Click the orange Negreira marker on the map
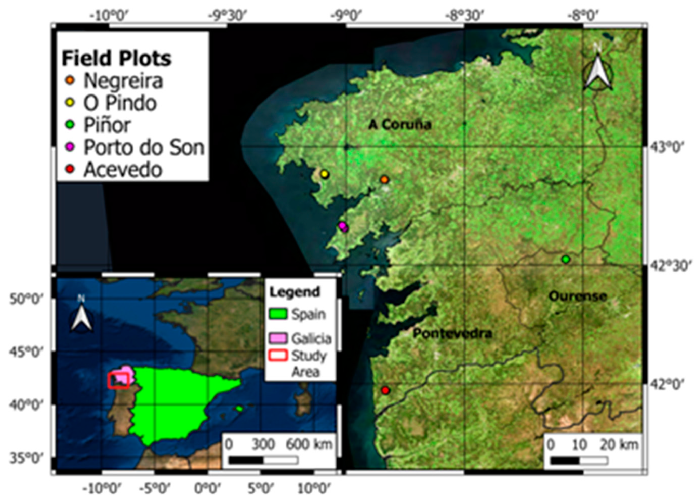click(385, 180)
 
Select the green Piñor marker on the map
click(566, 259)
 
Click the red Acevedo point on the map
click(385, 390)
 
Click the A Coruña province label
click(399, 124)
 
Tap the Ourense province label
click(577, 296)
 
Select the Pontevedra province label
click(452, 333)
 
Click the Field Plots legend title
click(116, 58)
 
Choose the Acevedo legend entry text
click(123, 169)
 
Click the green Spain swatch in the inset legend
click(278, 314)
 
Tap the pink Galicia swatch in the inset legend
click(278, 338)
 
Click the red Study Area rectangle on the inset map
click(118, 381)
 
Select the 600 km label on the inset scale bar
click(309, 444)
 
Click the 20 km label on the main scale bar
click(619, 444)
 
